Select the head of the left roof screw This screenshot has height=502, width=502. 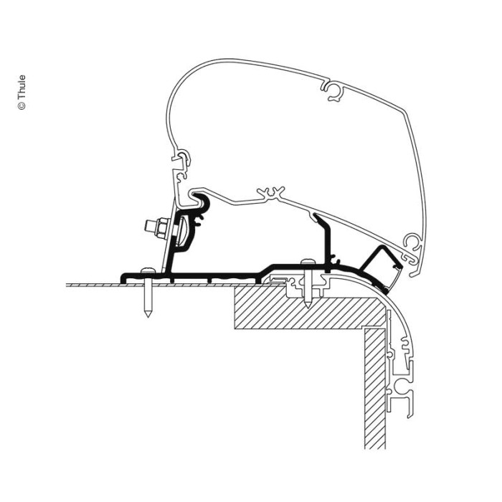[x=147, y=269]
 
